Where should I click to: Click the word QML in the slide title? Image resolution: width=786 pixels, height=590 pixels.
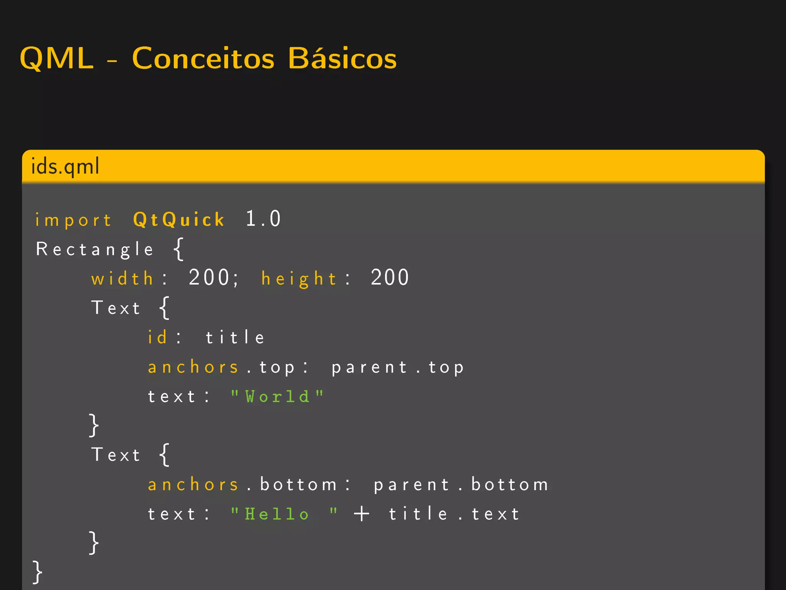(57, 58)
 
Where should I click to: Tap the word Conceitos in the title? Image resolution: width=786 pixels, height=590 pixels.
(203, 58)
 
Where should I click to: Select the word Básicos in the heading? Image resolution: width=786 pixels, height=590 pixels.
(342, 58)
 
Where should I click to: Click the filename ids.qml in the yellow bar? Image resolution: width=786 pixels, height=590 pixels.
(65, 166)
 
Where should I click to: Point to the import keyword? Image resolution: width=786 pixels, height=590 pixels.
(73, 220)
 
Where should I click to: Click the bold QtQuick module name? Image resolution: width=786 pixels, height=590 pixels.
(178, 220)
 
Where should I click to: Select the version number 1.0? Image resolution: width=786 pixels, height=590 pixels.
(263, 219)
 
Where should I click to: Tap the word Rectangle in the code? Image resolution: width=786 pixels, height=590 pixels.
(95, 249)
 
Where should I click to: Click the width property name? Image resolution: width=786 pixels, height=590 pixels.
(122, 278)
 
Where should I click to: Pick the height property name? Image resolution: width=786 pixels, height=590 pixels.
(299, 278)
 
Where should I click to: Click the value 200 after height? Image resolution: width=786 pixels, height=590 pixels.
(390, 277)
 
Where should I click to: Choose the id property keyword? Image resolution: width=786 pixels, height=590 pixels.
(157, 337)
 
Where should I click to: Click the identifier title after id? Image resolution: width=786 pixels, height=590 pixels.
(235, 337)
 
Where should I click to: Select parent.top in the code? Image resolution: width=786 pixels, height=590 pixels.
(398, 368)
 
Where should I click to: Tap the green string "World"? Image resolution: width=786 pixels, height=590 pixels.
(277, 396)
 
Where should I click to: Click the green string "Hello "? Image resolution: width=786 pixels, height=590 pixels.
(284, 514)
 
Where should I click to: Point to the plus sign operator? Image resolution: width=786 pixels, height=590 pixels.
(362, 514)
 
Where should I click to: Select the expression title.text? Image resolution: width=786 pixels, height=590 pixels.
(454, 514)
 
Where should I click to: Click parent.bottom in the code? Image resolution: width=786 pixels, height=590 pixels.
(461, 485)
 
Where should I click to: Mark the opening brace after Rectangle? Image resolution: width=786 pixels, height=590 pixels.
(178, 249)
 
